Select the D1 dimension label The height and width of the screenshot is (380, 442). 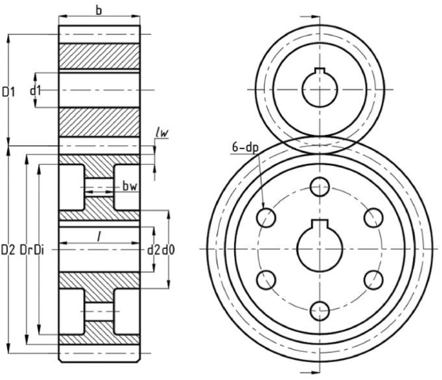point(8,93)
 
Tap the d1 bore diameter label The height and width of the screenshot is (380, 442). point(35,90)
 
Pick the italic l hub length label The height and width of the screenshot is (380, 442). point(98,237)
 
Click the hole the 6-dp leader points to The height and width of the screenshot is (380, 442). point(266,217)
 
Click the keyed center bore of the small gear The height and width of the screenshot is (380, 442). point(320,88)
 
